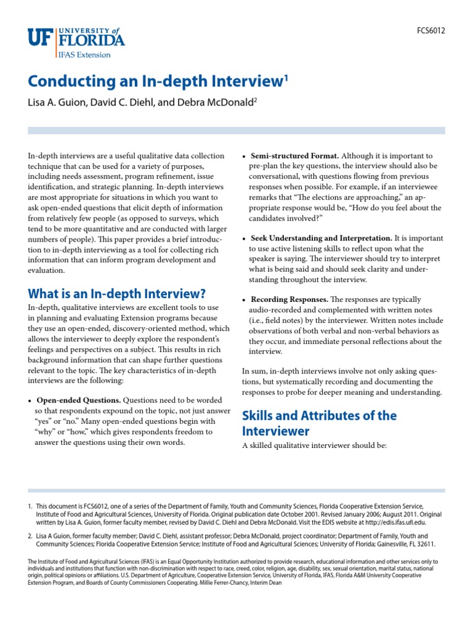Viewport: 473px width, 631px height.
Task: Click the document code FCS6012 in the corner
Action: click(x=431, y=30)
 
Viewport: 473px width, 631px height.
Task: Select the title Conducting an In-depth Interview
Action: click(x=155, y=81)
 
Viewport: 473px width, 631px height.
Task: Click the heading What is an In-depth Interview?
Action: click(x=117, y=293)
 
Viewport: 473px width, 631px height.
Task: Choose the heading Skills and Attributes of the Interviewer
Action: click(x=319, y=423)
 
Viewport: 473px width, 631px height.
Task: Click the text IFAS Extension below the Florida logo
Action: click(x=85, y=54)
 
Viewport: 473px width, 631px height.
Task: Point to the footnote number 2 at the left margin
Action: click(x=30, y=536)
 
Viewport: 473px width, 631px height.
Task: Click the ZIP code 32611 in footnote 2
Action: click(x=426, y=544)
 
